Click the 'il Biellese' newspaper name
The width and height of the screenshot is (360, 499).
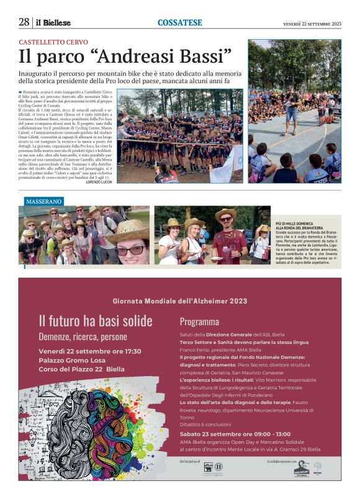point(52,23)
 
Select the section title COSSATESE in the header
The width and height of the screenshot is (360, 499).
point(179,23)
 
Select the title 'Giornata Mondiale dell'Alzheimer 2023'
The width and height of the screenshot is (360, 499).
point(180,301)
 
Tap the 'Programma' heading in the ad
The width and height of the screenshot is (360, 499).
point(199,321)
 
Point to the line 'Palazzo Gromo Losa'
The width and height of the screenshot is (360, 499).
point(72,360)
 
